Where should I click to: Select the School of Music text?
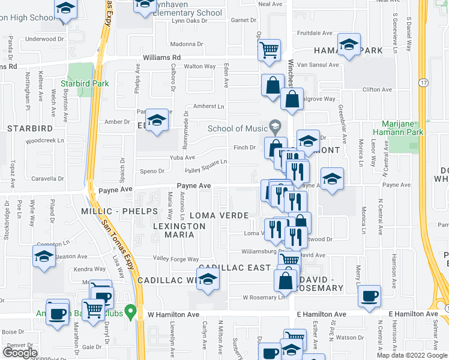point(238,128)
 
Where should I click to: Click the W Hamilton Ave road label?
point(174,314)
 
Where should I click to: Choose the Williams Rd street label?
point(161,58)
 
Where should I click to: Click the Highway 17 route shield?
point(423,82)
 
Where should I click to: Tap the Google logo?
point(20,352)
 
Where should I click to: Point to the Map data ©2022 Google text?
point(412,355)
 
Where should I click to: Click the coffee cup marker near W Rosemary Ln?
point(369,296)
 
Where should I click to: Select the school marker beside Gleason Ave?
point(44,257)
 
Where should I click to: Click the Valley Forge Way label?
point(175,259)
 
